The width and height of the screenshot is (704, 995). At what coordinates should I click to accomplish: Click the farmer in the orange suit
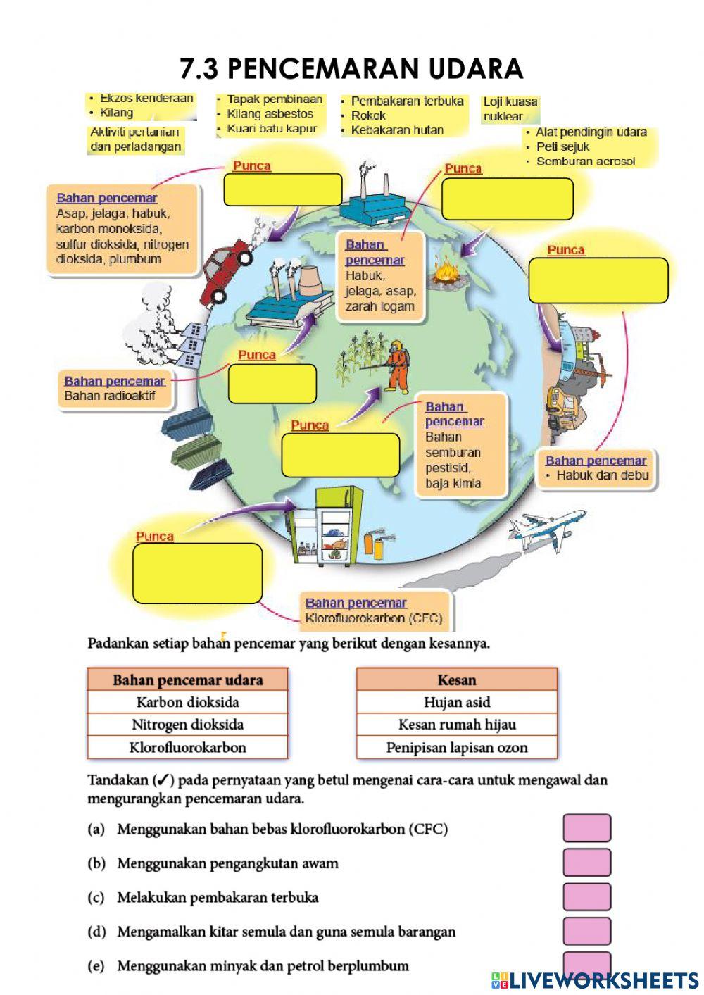pyautogui.click(x=398, y=365)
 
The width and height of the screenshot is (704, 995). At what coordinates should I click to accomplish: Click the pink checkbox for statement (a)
pyautogui.click(x=586, y=828)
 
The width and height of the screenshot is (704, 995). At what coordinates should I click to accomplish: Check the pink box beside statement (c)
pyautogui.click(x=586, y=897)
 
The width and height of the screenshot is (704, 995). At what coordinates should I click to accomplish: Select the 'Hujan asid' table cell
pyautogui.click(x=457, y=702)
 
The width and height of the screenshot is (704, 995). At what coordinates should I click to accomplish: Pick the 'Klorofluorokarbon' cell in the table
pyautogui.click(x=187, y=747)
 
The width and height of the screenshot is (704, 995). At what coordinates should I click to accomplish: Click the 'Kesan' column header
pyautogui.click(x=457, y=680)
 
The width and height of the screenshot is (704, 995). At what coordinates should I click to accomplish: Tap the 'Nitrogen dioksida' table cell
pyautogui.click(x=187, y=725)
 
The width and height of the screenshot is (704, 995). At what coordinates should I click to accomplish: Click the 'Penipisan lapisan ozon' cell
pyautogui.click(x=457, y=747)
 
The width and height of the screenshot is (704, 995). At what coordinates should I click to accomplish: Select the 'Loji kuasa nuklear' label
pyautogui.click(x=510, y=109)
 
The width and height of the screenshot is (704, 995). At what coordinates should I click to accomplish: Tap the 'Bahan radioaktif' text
pyautogui.click(x=110, y=396)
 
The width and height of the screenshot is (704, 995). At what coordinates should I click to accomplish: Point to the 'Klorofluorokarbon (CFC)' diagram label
pyautogui.click(x=373, y=618)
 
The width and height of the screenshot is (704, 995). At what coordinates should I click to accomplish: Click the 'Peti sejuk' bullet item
pyautogui.click(x=562, y=146)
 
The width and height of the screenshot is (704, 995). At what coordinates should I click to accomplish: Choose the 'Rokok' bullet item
pyautogui.click(x=368, y=115)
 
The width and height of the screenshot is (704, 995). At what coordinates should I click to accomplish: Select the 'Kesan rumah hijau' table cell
pyautogui.click(x=457, y=725)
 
